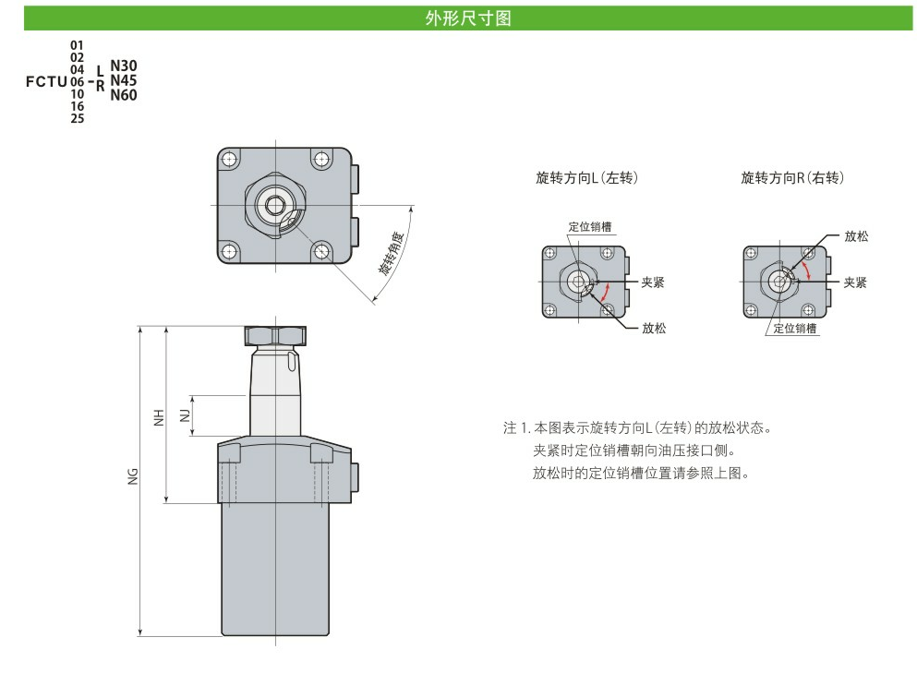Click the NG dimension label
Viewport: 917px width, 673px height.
134,476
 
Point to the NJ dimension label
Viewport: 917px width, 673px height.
185,414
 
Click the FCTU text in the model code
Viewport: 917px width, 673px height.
46,81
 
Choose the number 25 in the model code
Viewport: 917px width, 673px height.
77,118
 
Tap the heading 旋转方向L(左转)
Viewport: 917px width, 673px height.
586,177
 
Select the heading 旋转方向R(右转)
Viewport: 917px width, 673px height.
791,177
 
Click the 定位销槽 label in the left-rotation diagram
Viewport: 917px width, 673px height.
589,227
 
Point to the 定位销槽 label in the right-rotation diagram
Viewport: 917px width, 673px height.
795,329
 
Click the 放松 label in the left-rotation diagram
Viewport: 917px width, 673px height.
654,328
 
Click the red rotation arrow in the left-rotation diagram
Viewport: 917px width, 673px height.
605,294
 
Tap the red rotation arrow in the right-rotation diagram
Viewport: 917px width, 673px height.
810,270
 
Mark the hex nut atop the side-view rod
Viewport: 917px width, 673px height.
274,334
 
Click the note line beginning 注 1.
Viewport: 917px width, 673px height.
637,428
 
